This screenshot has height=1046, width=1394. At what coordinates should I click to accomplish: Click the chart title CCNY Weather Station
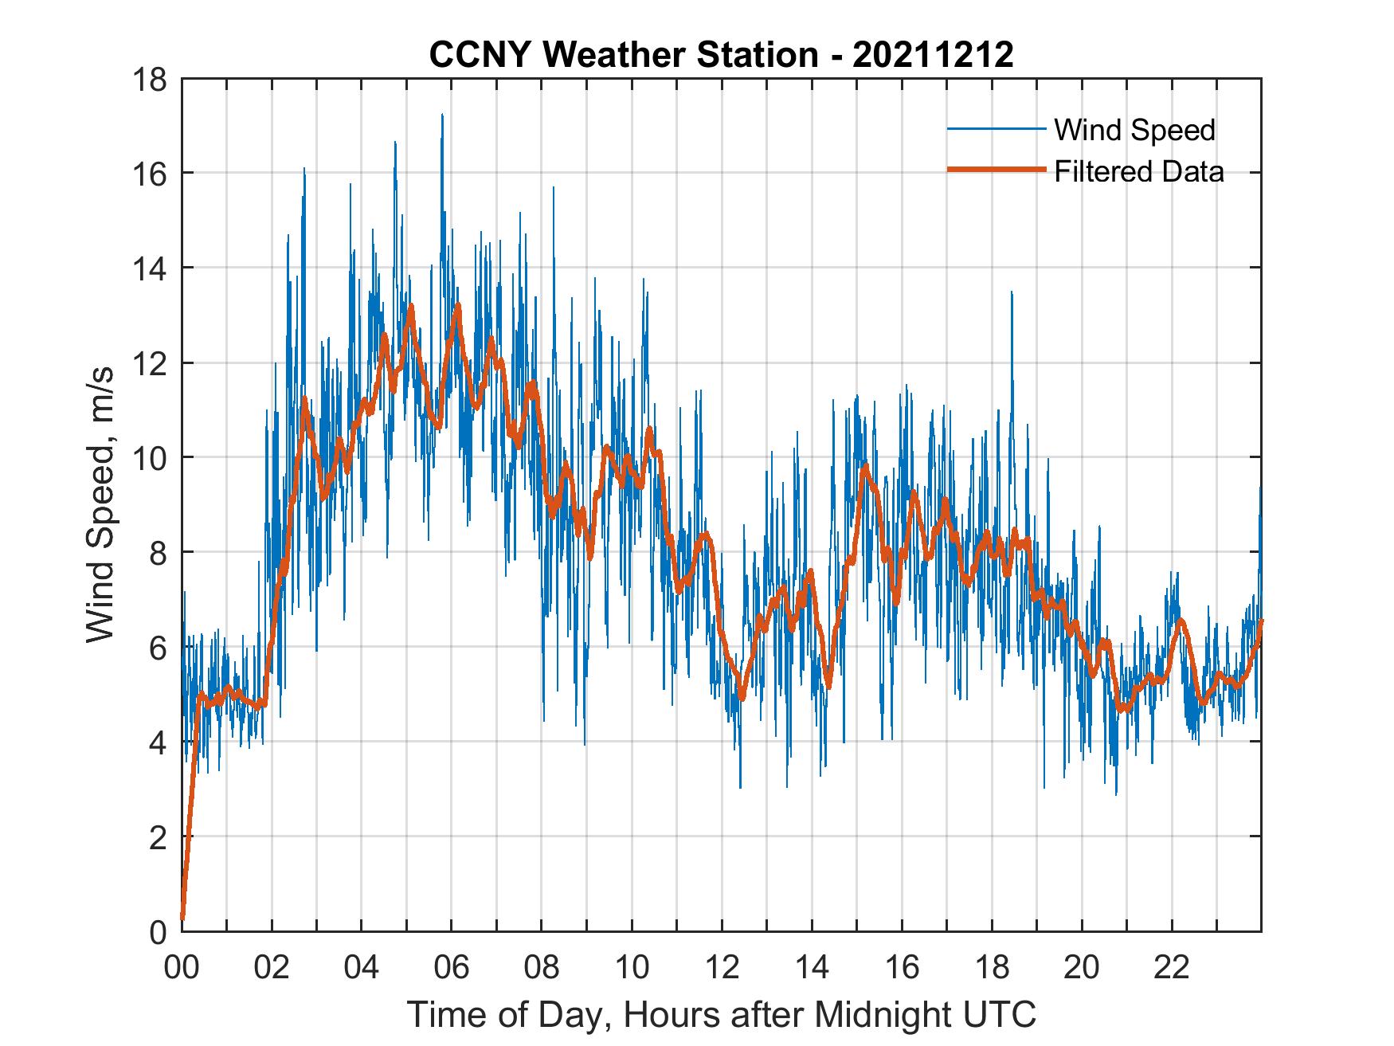pos(624,55)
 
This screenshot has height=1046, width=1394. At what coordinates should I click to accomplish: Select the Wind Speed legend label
pos(1134,130)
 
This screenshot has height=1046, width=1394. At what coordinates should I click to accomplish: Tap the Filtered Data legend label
pos(1138,171)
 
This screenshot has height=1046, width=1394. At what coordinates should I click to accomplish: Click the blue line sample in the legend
pos(995,129)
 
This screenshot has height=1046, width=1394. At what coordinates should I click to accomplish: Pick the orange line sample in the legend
pos(995,170)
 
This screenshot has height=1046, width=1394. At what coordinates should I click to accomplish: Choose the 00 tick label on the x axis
pos(182,967)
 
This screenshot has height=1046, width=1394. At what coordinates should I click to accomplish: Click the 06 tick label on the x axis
pos(452,967)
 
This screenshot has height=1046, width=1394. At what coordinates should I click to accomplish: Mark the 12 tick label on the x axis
pos(722,967)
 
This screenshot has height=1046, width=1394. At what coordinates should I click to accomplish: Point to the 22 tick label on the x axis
pos(1172,967)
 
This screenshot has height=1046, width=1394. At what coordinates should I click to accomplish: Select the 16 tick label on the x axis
pos(902,967)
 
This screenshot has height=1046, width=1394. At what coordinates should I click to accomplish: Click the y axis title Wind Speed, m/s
pos(101,505)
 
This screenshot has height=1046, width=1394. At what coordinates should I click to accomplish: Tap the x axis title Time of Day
pos(722,1014)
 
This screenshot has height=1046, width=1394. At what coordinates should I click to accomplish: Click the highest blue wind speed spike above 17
pos(442,116)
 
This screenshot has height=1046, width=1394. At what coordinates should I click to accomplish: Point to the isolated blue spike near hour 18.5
pos(1012,293)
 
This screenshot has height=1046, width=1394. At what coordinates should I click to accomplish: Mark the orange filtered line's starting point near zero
pos(183,918)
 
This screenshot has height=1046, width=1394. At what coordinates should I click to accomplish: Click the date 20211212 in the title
pos(933,55)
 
